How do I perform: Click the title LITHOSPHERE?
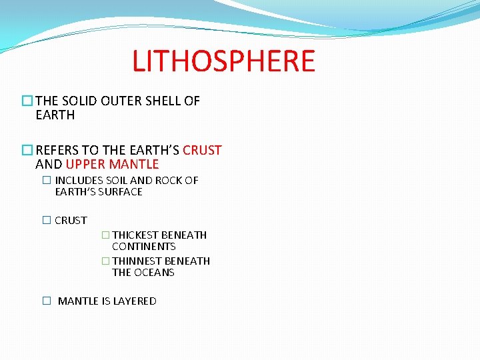tap(223, 61)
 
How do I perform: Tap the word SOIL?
tap(117, 181)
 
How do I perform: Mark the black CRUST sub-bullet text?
tap(71, 221)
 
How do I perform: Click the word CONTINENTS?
tap(143, 247)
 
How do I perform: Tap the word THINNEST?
tap(138, 261)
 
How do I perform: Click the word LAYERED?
tap(135, 301)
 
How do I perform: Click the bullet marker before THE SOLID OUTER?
tap(27, 101)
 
